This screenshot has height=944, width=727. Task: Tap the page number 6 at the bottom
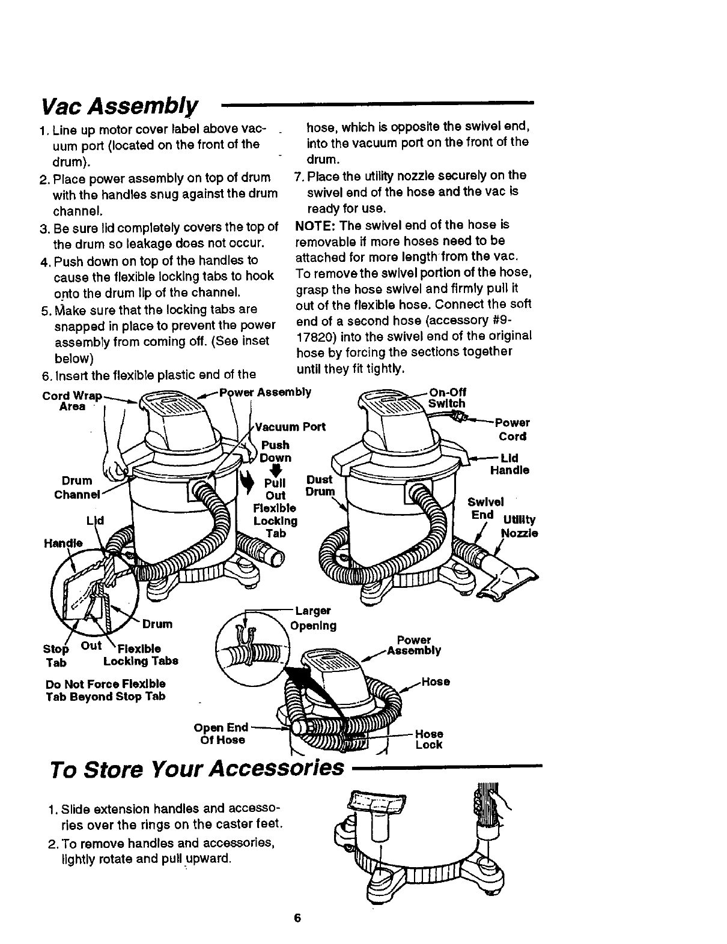tap(297, 919)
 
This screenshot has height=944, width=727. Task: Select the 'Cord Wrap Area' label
tap(71, 401)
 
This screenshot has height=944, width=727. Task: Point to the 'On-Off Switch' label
tap(448, 398)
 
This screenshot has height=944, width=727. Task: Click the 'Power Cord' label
tap(512, 429)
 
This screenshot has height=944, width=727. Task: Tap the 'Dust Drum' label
tap(319, 486)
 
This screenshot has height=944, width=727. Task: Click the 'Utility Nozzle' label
tap(519, 526)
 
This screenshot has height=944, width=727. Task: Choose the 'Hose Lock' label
tap(429, 739)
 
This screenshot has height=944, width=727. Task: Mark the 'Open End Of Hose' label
tap(222, 734)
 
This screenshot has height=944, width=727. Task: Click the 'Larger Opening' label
tap(313, 619)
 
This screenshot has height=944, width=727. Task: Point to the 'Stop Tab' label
tap(56, 655)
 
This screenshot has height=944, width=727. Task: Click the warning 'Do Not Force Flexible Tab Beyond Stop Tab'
tap(106, 691)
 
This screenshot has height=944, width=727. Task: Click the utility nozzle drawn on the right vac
tap(505, 582)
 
